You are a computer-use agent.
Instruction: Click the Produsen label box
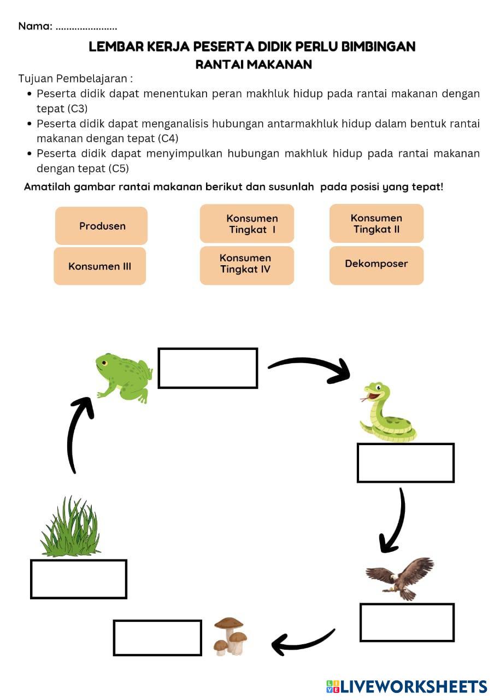point(101,226)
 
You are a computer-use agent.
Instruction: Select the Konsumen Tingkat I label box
point(246,224)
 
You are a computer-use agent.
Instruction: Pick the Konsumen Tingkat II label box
point(377,223)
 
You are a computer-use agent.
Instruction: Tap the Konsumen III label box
point(99,266)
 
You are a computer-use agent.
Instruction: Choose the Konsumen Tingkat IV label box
point(246,265)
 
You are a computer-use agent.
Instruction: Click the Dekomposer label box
point(377,265)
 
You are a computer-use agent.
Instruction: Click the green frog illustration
point(124,376)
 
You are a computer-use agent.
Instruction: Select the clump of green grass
point(70,528)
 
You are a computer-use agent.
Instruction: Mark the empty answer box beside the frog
point(208,369)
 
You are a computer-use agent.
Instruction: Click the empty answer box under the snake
point(405,463)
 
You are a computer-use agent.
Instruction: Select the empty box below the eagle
point(407,622)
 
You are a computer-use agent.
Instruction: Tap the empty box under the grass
point(79,579)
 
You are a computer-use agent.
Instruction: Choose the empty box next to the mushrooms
point(157,637)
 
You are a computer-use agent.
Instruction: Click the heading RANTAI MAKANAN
point(254,65)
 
